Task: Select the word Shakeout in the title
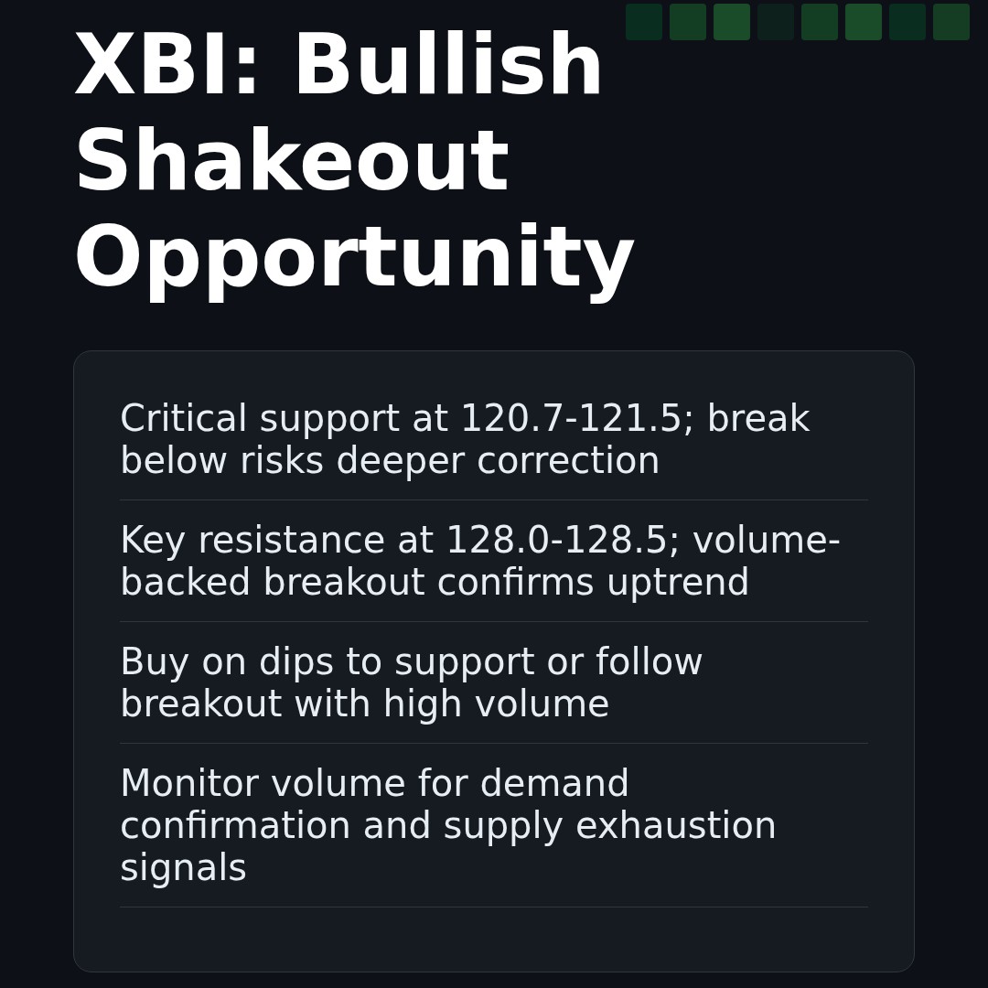pyautogui.click(x=291, y=164)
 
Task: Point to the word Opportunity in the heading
pyautogui.click(x=354, y=260)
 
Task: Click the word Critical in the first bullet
pyautogui.click(x=183, y=420)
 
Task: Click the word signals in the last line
pyautogui.click(x=183, y=869)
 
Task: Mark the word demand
pyautogui.click(x=554, y=785)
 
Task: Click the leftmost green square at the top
pyautogui.click(x=644, y=22)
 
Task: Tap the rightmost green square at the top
pyautogui.click(x=951, y=22)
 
